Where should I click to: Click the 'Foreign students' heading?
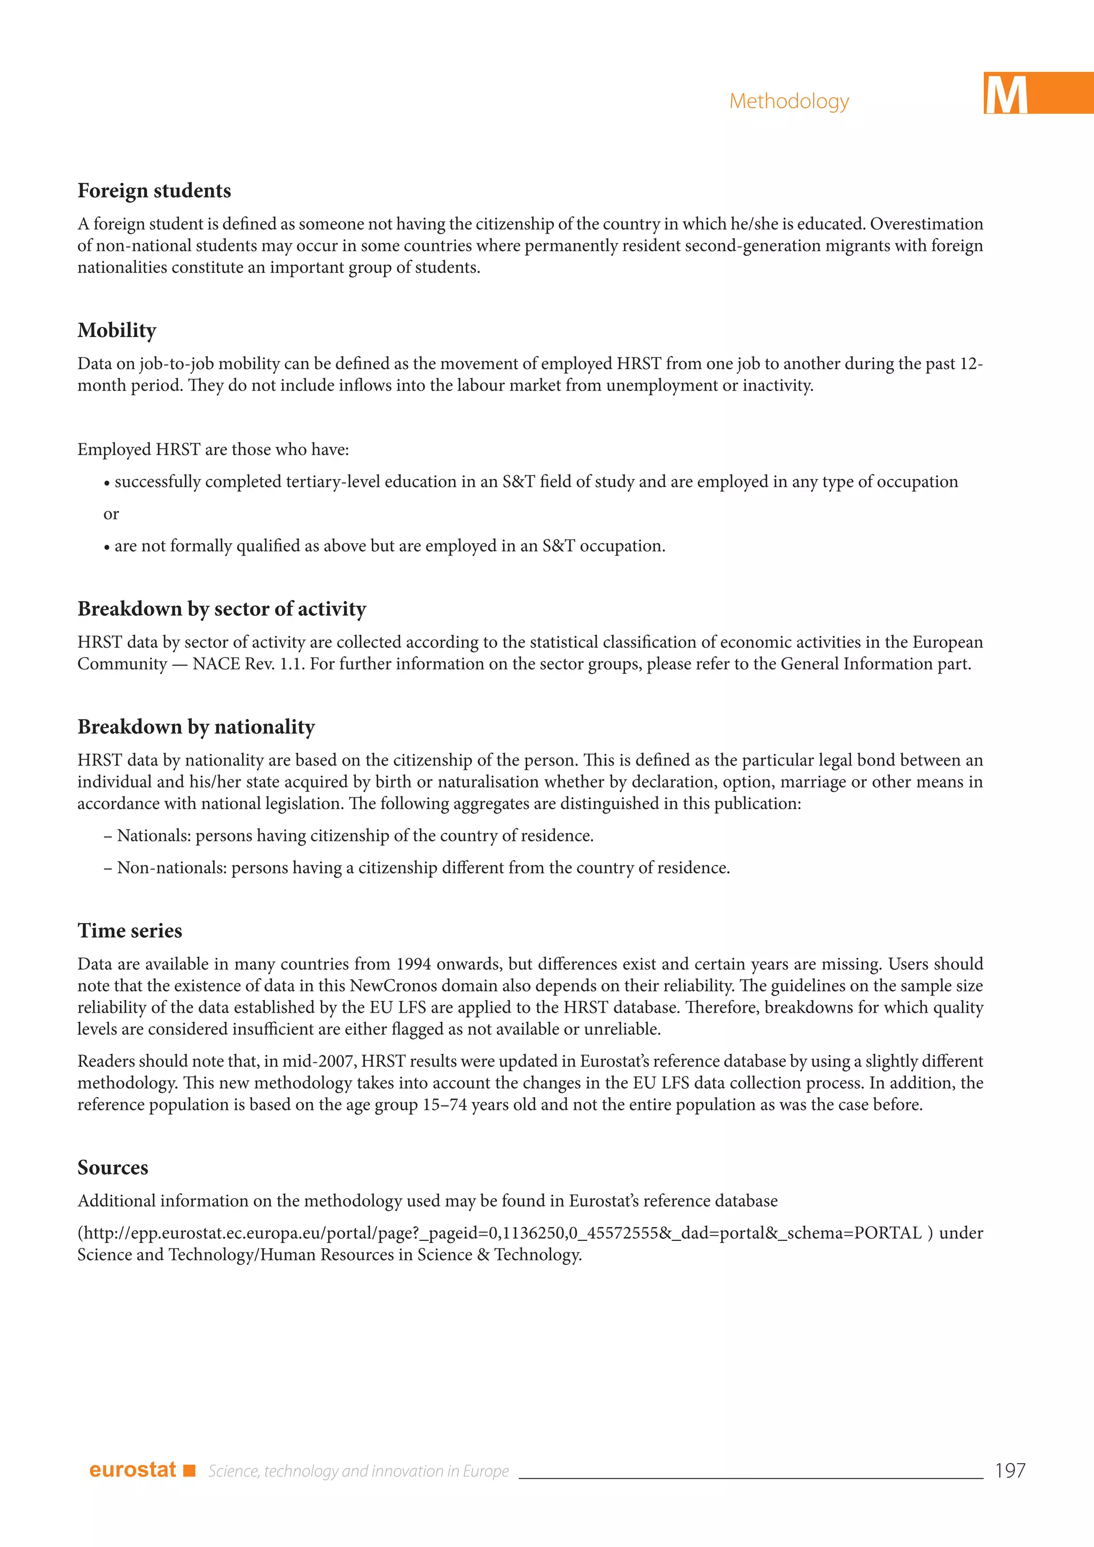point(154,191)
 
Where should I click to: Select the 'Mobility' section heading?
point(116,330)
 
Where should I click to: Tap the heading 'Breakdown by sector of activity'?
point(222,609)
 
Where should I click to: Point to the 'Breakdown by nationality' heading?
point(196,727)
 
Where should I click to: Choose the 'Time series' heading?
point(129,931)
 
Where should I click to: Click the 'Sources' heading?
point(113,1168)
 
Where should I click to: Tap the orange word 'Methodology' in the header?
point(789,101)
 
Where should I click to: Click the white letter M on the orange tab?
point(1006,95)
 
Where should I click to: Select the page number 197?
point(1010,1470)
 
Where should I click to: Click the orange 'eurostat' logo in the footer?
point(132,1470)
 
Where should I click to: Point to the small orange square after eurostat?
point(189,1470)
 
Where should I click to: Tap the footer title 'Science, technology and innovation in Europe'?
point(358,1471)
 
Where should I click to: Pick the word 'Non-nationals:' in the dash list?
point(172,868)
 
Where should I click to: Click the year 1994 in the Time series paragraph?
point(413,964)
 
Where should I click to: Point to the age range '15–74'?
point(444,1105)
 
